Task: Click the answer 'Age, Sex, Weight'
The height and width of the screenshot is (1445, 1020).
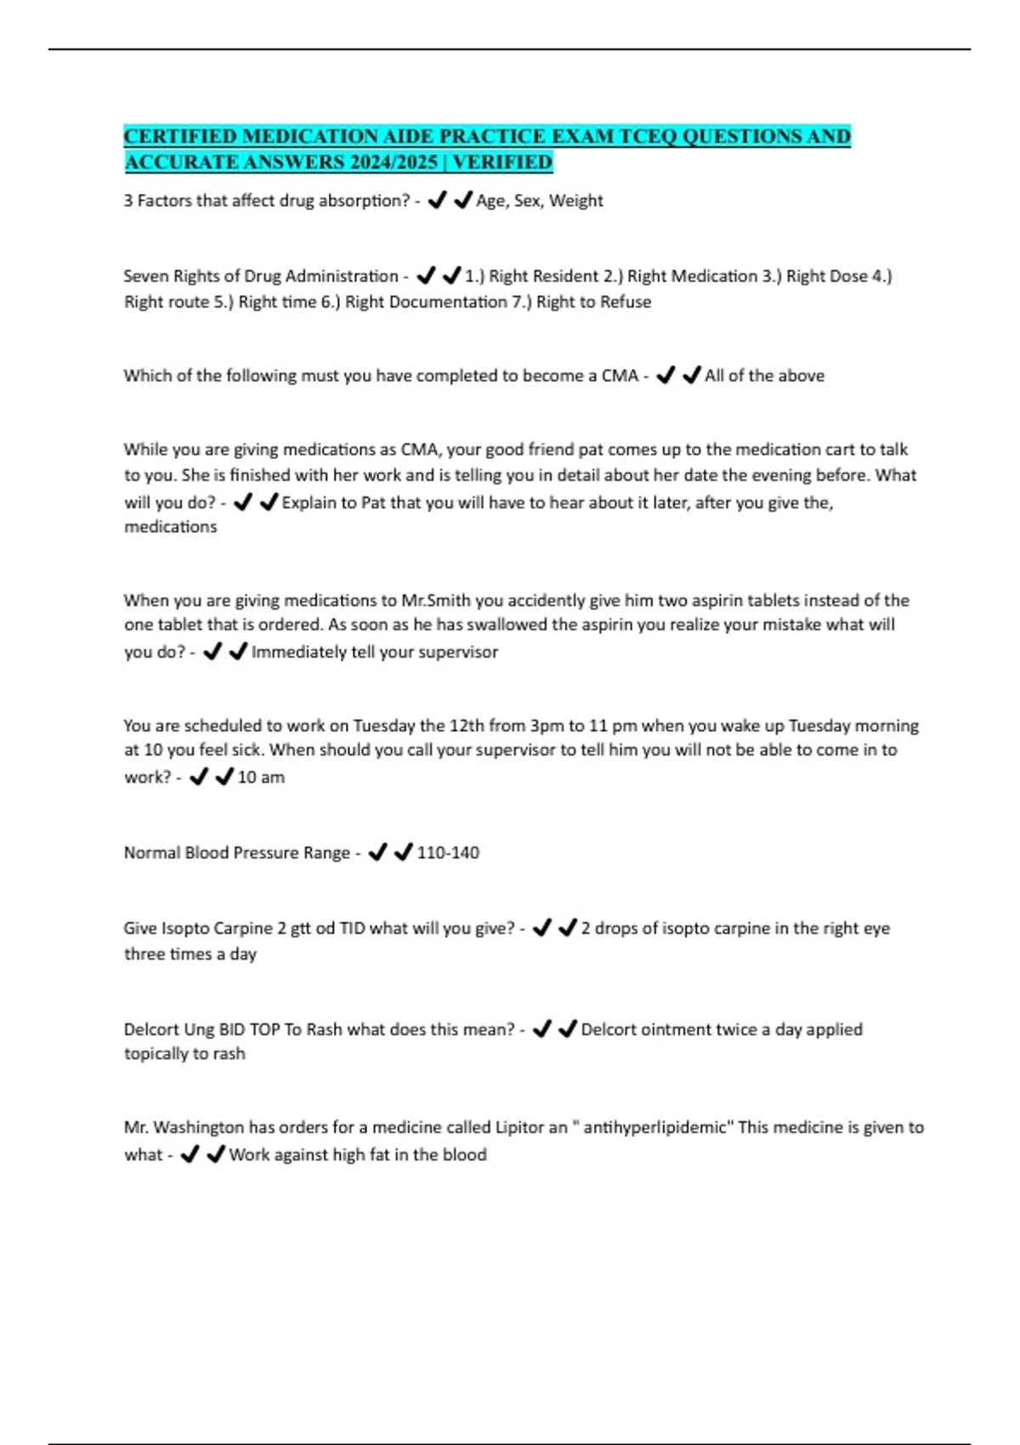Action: (539, 201)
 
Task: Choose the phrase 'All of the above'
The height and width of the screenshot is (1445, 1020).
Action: (764, 376)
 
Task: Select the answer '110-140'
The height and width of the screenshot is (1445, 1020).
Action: (448, 853)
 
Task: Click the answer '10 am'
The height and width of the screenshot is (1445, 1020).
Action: (261, 777)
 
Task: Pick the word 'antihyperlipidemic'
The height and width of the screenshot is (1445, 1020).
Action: (655, 1127)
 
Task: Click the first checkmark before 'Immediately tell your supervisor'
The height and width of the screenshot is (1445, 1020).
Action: (212, 652)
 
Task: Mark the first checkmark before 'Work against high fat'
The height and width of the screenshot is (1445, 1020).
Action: (190, 1154)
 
